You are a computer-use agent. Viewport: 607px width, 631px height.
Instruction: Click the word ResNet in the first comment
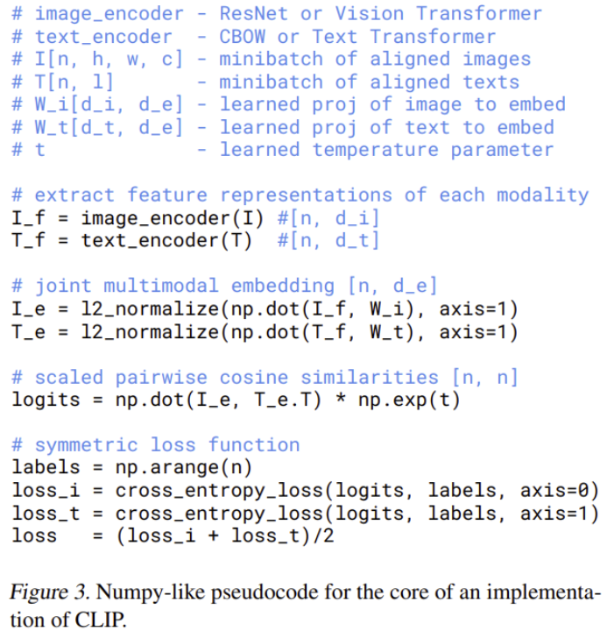pos(254,14)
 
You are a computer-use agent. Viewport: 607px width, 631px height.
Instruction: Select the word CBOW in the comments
pos(242,37)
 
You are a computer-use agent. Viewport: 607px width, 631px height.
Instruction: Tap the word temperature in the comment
pos(376,150)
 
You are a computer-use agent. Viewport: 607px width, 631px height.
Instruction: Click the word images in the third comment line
pos(497,60)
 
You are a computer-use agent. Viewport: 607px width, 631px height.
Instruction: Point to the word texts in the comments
pos(491,82)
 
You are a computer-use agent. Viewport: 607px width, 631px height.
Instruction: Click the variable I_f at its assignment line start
pos(28,218)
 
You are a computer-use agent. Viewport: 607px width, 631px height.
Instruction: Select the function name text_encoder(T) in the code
pos(166,241)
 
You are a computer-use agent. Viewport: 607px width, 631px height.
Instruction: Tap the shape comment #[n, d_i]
pos(328,218)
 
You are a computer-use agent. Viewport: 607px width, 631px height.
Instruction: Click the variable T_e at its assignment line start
pos(28,333)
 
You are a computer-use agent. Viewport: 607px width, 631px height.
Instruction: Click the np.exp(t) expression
pos(409,401)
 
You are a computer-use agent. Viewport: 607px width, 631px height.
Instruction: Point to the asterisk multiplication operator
pos(341,400)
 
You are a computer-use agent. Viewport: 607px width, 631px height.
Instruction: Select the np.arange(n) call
pos(183,468)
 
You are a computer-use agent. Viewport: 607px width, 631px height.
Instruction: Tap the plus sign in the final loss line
pos(214,536)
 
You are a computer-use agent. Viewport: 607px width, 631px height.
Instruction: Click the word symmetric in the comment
pos(87,445)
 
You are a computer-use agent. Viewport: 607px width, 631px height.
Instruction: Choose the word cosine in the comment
pos(254,378)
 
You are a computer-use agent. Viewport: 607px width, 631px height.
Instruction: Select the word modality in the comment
pos(543,195)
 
